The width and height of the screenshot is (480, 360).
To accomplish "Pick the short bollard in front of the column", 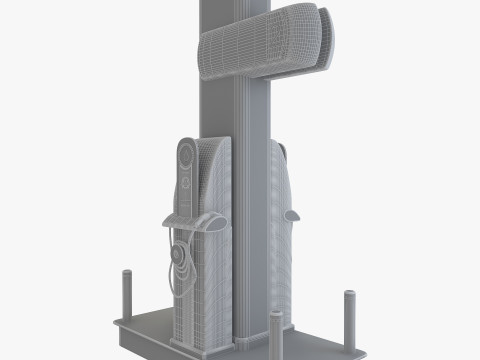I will pos(274,326).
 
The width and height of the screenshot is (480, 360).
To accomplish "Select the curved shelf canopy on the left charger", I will pos(190,221).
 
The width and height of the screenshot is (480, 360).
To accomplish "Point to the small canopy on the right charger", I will pos(293,213).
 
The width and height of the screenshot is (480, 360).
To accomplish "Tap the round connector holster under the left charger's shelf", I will pos(180,254).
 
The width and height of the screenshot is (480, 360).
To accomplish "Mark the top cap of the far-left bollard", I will pos(127,273).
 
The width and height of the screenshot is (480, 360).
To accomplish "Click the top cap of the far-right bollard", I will pos(350,294).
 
